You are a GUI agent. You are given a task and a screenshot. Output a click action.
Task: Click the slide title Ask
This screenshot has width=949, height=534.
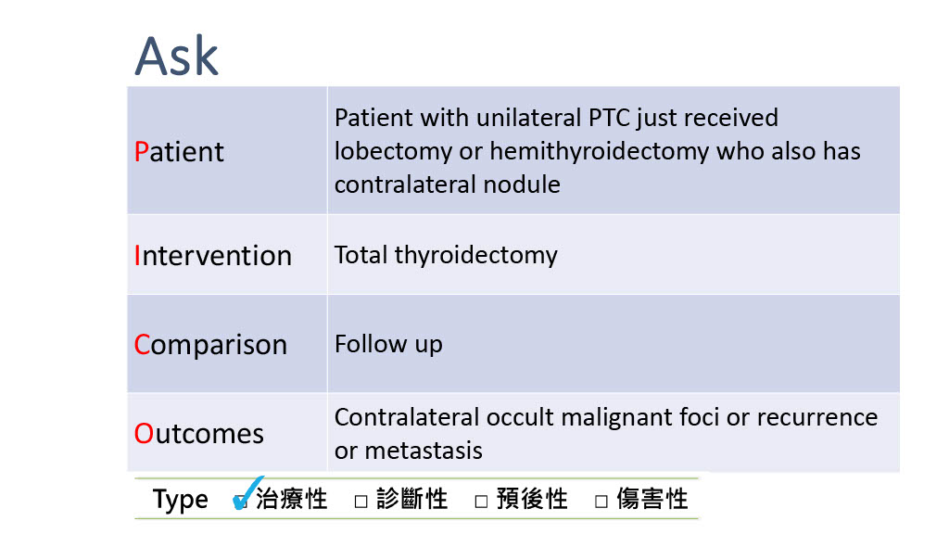(x=176, y=57)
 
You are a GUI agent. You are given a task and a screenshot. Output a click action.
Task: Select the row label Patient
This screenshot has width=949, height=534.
(x=179, y=151)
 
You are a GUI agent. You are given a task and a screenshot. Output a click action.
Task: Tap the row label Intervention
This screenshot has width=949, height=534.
(x=212, y=256)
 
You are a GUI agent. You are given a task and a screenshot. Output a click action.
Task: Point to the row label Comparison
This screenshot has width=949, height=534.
(x=210, y=345)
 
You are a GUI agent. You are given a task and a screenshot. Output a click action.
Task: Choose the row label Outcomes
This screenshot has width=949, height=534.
(x=198, y=434)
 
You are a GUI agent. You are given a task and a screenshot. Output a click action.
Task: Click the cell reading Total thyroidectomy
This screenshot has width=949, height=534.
(x=446, y=256)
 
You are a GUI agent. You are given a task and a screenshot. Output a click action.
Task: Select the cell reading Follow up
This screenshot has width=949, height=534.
(x=388, y=345)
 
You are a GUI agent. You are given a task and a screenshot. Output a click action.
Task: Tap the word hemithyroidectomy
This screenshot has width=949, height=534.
(x=599, y=151)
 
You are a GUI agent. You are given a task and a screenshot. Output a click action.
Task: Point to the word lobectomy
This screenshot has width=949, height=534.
(x=393, y=151)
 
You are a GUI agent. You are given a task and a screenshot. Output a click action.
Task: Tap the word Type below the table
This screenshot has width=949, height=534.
(x=180, y=500)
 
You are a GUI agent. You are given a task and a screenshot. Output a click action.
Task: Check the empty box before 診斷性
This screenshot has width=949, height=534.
(x=361, y=502)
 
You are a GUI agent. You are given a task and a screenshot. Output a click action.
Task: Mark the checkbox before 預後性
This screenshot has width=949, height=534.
(x=481, y=502)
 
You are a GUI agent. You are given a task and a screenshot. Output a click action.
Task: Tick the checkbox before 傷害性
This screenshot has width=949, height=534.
(x=601, y=502)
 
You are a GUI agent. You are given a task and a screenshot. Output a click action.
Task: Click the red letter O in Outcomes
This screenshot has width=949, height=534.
(x=144, y=434)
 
